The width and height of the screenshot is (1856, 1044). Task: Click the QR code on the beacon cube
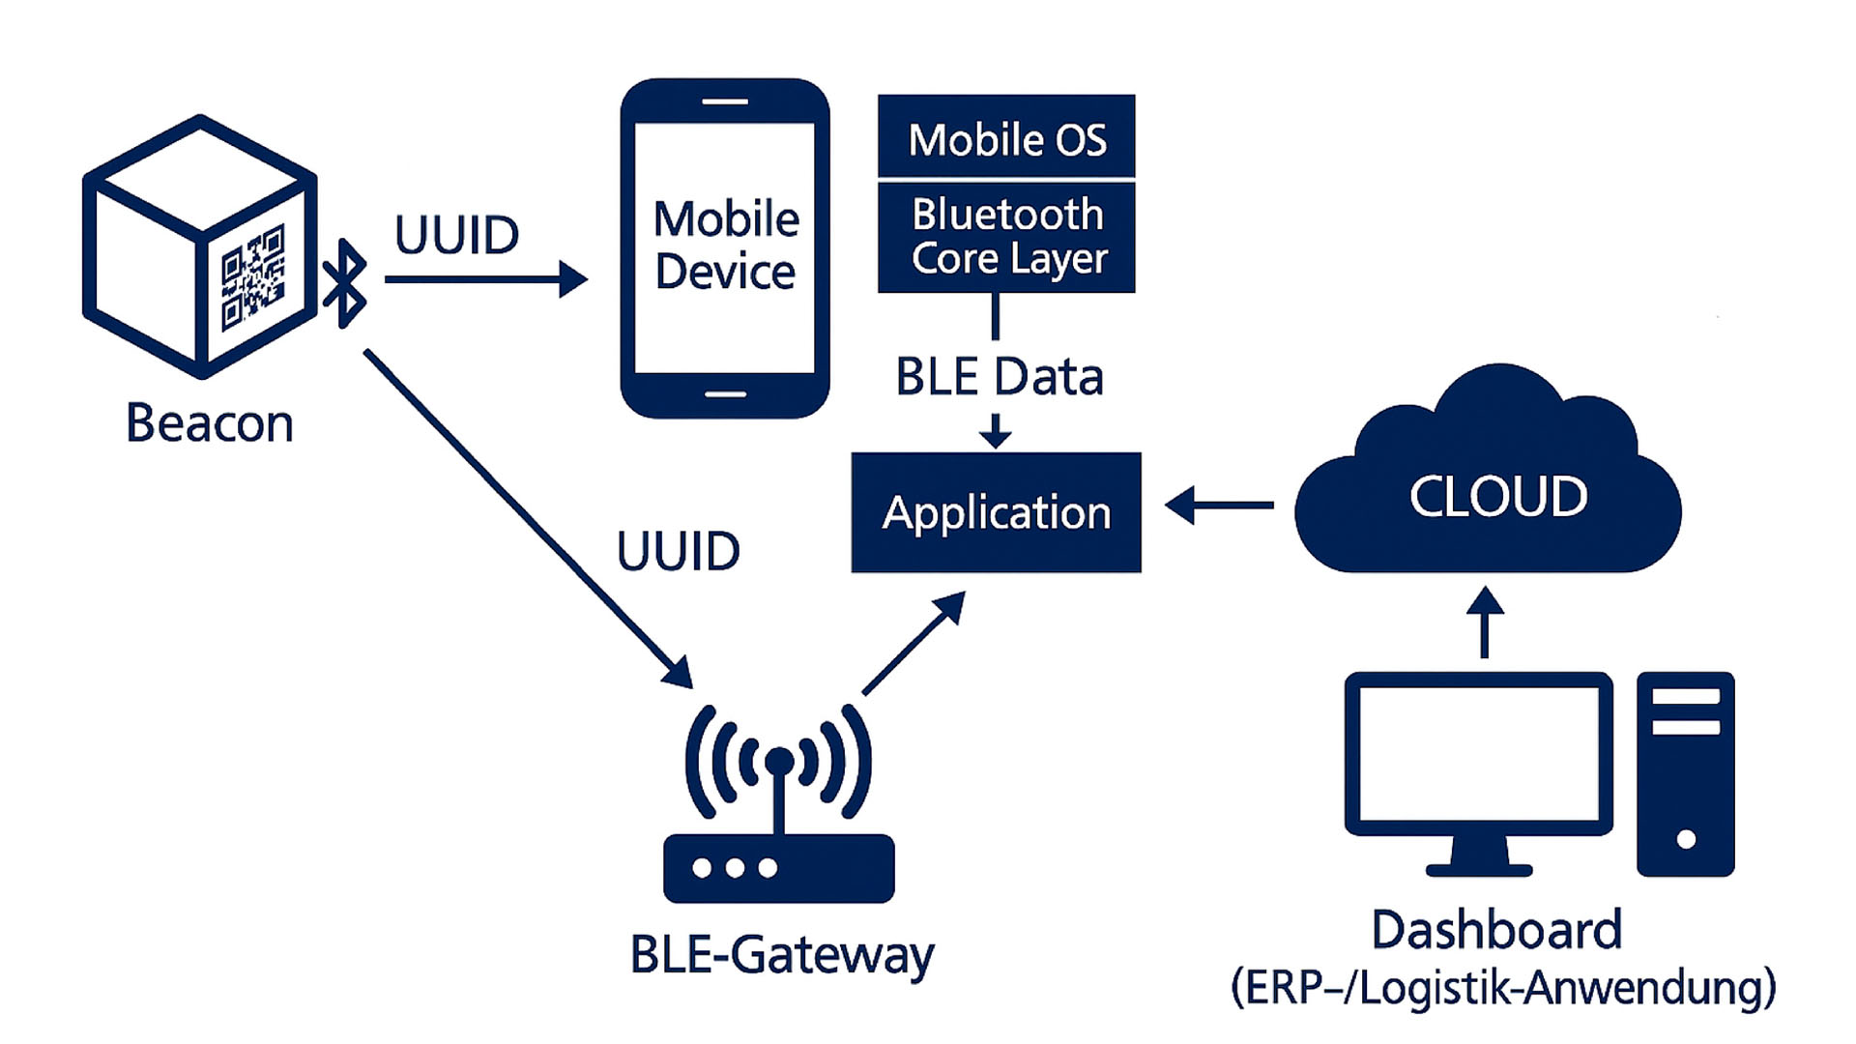[253, 278]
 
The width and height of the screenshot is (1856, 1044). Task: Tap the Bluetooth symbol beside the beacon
[345, 282]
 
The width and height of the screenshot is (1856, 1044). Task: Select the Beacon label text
[210, 423]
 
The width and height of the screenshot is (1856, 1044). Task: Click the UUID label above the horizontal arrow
[456, 235]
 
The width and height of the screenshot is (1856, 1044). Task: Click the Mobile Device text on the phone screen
[726, 245]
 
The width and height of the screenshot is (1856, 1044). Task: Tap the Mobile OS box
[1006, 138]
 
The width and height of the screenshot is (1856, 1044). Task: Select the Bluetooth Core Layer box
[1006, 237]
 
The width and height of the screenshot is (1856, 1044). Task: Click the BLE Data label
[1000, 377]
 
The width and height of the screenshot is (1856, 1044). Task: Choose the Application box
[996, 512]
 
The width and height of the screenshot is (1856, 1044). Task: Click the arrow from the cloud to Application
[1219, 505]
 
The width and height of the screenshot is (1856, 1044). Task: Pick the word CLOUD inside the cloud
[1497, 497]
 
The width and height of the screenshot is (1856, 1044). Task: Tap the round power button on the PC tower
[1686, 839]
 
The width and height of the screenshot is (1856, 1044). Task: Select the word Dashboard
[1496, 930]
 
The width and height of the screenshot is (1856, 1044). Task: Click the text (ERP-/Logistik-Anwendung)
[1503, 988]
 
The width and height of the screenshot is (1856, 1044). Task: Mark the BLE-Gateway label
[782, 955]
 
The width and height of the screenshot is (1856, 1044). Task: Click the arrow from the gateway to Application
[913, 643]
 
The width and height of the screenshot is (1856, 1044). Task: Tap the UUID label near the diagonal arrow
[678, 552]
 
